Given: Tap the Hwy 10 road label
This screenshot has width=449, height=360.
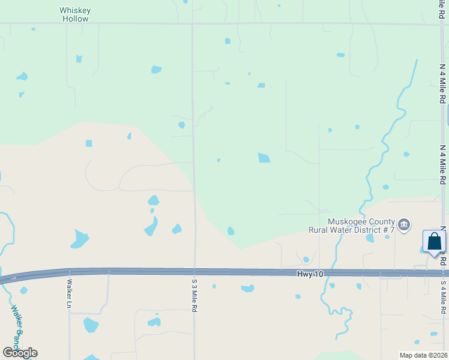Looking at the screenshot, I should tap(310, 274).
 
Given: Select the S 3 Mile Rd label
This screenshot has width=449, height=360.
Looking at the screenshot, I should tap(194, 295).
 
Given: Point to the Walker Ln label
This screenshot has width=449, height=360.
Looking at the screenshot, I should tap(70, 293).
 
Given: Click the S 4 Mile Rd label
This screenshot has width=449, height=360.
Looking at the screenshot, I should tap(443, 298).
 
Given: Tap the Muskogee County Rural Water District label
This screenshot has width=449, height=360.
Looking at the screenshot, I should tap(351, 226).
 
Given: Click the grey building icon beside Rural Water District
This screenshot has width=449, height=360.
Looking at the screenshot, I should tap(404, 224).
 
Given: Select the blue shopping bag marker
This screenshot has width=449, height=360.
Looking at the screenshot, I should tap(434, 242).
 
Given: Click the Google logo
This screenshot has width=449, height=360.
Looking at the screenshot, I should tap(20, 352).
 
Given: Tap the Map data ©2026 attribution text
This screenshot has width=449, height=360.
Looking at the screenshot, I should tap(423, 355).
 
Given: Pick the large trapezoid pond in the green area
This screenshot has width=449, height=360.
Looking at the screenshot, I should tap(264, 158).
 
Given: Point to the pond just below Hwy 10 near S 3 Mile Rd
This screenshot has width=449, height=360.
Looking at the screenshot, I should tap(247, 289).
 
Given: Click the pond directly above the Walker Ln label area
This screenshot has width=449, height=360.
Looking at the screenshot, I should tap(79, 239).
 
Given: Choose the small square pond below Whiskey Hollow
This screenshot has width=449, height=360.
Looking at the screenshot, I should tap(78, 59).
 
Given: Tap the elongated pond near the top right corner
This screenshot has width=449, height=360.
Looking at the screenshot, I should tap(340, 55).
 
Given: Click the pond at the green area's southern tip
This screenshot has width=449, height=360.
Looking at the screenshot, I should tap(231, 231).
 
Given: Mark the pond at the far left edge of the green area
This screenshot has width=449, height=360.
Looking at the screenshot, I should tap(22, 77).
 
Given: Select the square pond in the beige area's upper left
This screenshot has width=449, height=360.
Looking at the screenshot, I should tap(89, 143).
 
